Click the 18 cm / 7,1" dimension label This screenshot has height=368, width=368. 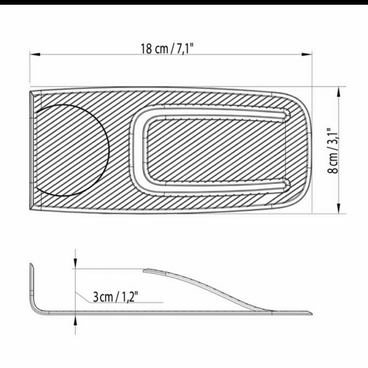[167, 49]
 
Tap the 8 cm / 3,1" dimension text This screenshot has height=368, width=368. [332, 150]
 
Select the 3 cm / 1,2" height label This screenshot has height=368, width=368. [115, 297]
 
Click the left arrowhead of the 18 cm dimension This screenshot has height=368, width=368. [35, 54]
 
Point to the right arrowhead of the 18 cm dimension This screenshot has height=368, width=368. [307, 54]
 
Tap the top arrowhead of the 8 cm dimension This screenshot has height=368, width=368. [339, 92]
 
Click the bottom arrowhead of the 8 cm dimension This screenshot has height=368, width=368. [339, 209]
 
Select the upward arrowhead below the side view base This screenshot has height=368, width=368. [75, 320]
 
